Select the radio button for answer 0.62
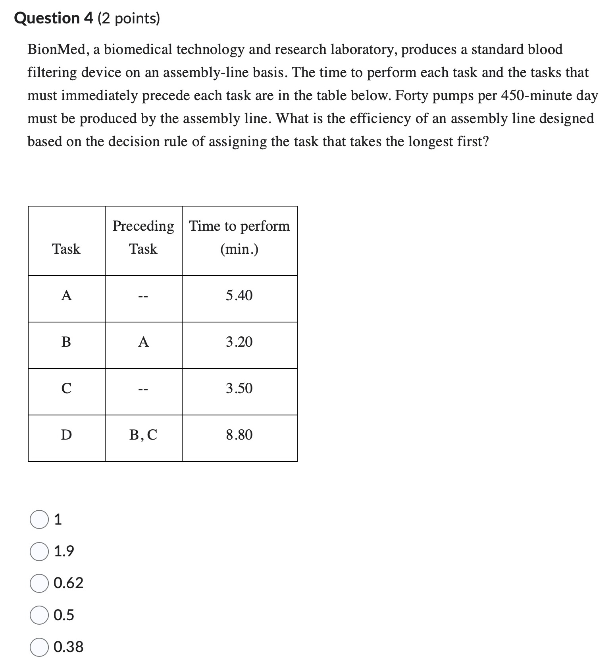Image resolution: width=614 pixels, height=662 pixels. click(x=39, y=583)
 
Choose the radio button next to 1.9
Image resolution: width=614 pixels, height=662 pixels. click(x=39, y=552)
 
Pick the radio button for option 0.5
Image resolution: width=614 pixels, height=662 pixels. click(x=39, y=615)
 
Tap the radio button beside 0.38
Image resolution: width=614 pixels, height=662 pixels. click(x=39, y=647)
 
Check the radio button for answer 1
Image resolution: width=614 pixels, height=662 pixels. click(x=39, y=520)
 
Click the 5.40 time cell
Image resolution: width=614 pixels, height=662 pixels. click(x=239, y=295)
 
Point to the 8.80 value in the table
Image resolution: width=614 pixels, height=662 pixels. click(x=239, y=435)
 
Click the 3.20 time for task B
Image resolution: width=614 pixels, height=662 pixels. click(x=239, y=342)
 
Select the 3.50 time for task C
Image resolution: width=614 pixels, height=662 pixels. click(x=239, y=388)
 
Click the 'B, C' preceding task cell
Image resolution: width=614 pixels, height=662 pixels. click(x=143, y=435)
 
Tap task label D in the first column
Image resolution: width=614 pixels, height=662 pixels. click(x=66, y=435)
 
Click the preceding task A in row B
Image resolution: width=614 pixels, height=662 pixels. click(x=143, y=342)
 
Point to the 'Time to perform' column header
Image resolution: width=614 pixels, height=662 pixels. click(x=239, y=226)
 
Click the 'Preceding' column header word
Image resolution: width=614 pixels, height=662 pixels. click(x=143, y=226)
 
